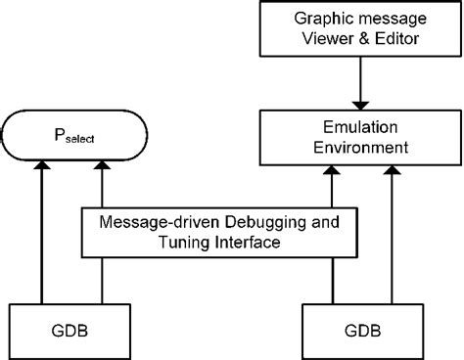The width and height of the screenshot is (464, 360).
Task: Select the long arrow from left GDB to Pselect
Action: [x=42, y=235]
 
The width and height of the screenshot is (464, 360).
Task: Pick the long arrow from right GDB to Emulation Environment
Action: [x=392, y=235]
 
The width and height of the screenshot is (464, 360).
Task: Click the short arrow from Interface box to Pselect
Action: [x=101, y=186]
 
